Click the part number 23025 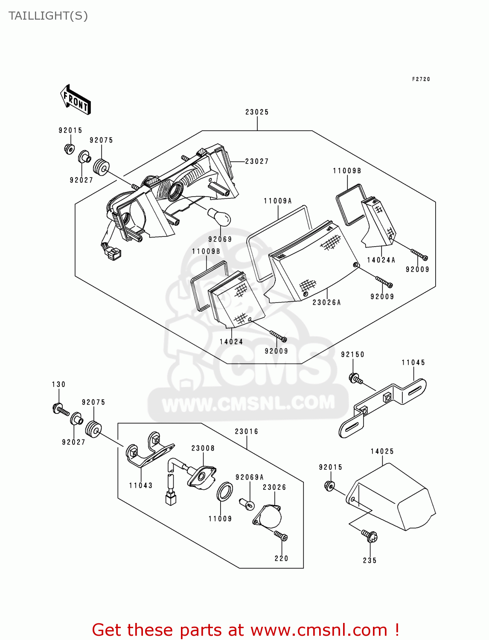click(x=257, y=112)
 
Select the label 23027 click(x=257, y=161)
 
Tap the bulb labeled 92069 click(x=219, y=217)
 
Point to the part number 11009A click(x=277, y=201)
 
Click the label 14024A click(x=381, y=260)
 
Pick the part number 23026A click(x=326, y=303)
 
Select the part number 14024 click(x=231, y=342)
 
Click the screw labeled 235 click(x=369, y=535)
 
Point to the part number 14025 click(x=382, y=451)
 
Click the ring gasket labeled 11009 click(x=225, y=492)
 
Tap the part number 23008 click(x=203, y=448)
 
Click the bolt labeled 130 click(x=61, y=410)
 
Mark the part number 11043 click(x=141, y=486)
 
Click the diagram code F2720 click(x=421, y=79)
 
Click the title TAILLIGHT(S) click(x=48, y=16)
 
